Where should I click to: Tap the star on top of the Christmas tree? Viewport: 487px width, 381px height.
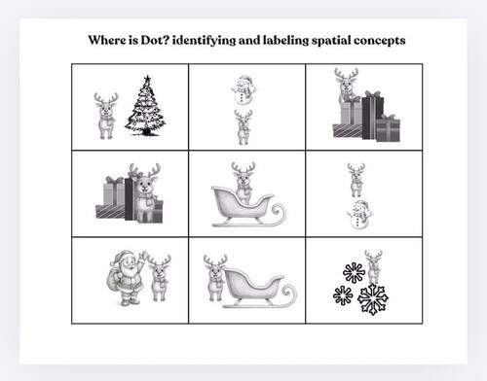pyautogui.click(x=147, y=79)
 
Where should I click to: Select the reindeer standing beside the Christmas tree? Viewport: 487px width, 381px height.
pyautogui.click(x=106, y=115)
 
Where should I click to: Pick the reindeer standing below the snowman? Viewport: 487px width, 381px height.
pyautogui.click(x=243, y=127)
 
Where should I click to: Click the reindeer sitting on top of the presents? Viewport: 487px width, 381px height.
pyautogui.click(x=345, y=87)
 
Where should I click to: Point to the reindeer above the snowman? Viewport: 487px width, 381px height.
pyautogui.click(x=357, y=180)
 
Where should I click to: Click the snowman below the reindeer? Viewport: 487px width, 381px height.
pyautogui.click(x=359, y=216)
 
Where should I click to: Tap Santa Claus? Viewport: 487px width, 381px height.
pyautogui.click(x=129, y=277)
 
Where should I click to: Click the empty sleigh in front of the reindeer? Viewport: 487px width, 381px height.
pyautogui.click(x=258, y=289)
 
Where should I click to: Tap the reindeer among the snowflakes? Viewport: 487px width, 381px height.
pyautogui.click(x=373, y=267)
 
